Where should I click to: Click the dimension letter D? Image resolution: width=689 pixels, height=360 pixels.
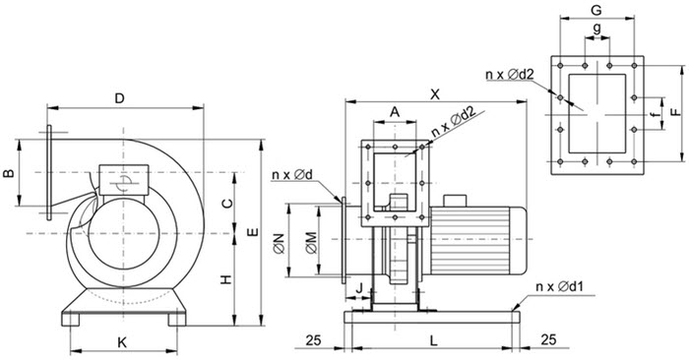(x=119, y=98)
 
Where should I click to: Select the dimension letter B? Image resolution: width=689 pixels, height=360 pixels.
(x=8, y=173)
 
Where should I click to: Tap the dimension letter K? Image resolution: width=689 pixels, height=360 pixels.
(x=122, y=342)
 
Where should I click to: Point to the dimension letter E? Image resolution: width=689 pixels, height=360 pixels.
(x=254, y=233)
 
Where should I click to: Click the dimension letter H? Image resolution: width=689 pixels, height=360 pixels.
(x=225, y=279)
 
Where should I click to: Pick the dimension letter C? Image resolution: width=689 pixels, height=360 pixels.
(x=227, y=204)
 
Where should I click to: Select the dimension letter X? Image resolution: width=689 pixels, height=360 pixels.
(x=435, y=94)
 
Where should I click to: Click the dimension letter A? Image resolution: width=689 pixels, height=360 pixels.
(x=395, y=112)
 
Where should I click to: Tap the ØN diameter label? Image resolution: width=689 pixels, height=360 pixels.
(x=280, y=244)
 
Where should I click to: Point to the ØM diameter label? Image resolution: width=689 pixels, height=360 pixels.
(x=312, y=244)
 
